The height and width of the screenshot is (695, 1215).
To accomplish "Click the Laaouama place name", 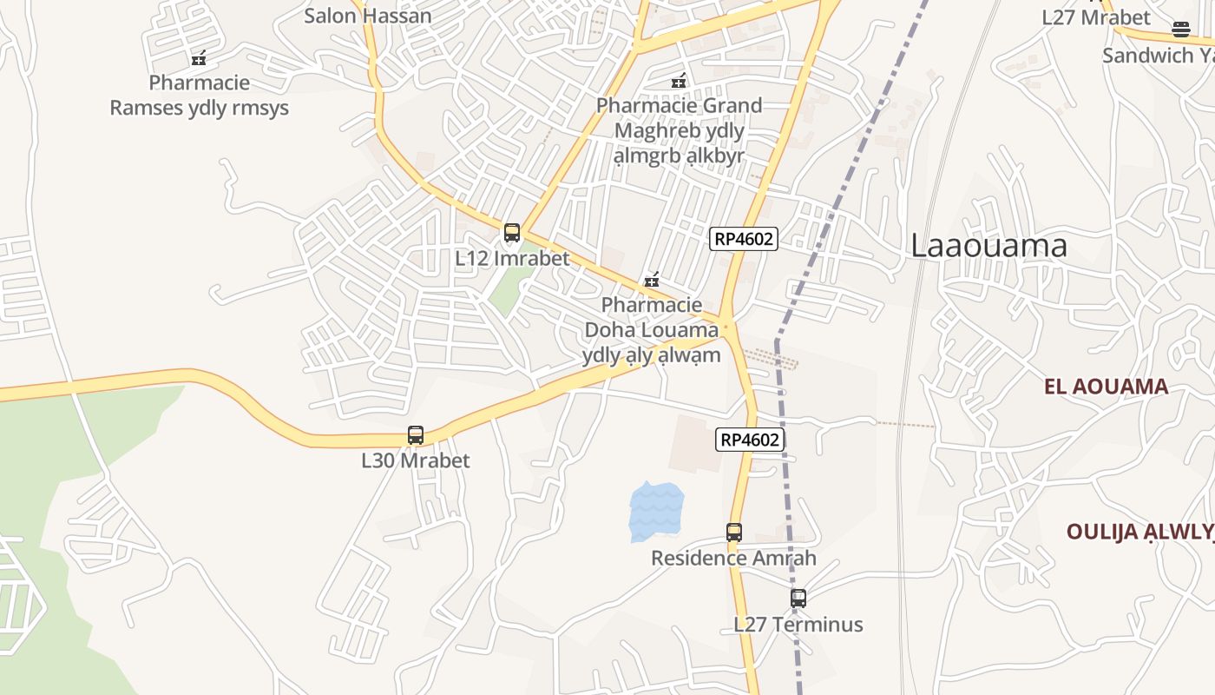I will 988,246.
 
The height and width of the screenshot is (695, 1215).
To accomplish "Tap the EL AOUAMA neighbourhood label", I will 1107,387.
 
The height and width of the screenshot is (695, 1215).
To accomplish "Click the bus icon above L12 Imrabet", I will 512,233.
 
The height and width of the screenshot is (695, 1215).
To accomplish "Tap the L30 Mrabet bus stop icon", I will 416,435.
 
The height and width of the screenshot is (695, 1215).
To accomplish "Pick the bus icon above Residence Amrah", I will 734,533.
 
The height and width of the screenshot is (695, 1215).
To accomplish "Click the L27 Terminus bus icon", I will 798,599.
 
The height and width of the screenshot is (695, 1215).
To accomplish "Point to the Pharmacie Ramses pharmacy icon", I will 199,58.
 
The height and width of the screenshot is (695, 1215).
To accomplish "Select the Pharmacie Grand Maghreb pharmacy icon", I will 679,81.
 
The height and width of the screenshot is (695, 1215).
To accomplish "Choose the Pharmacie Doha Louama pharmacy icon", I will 652,281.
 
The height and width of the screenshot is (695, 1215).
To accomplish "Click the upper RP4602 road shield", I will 743,239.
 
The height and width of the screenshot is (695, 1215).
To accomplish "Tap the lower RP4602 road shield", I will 750,440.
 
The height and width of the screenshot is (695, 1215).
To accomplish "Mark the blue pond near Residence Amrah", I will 656,511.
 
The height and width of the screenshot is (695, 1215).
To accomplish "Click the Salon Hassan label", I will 367,16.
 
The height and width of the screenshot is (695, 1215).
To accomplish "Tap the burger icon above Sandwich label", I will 1180,30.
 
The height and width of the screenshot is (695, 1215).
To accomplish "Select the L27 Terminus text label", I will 798,624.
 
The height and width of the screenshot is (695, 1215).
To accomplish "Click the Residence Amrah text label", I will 733,558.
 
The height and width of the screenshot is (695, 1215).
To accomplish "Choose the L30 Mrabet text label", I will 416,460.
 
